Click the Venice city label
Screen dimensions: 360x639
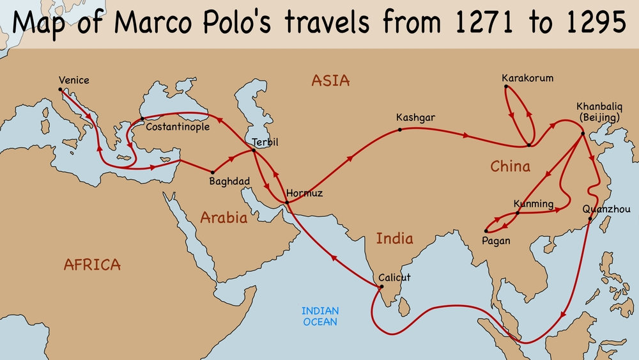tap(73, 81)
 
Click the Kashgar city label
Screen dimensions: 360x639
tap(415, 118)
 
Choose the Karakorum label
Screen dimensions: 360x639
tap(527, 79)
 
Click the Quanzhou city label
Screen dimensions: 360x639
tap(606, 209)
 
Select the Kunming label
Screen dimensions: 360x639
tap(533, 204)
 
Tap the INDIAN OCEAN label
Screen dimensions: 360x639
tap(320, 317)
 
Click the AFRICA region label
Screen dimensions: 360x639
tap(93, 264)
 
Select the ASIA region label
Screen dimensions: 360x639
tap(330, 81)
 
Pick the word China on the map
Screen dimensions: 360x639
tap(510, 167)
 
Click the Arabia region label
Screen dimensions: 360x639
tap(224, 217)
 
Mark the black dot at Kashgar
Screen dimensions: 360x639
tap(400, 130)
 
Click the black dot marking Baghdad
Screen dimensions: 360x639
tap(212, 172)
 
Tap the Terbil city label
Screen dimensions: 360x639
tap(265, 141)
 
